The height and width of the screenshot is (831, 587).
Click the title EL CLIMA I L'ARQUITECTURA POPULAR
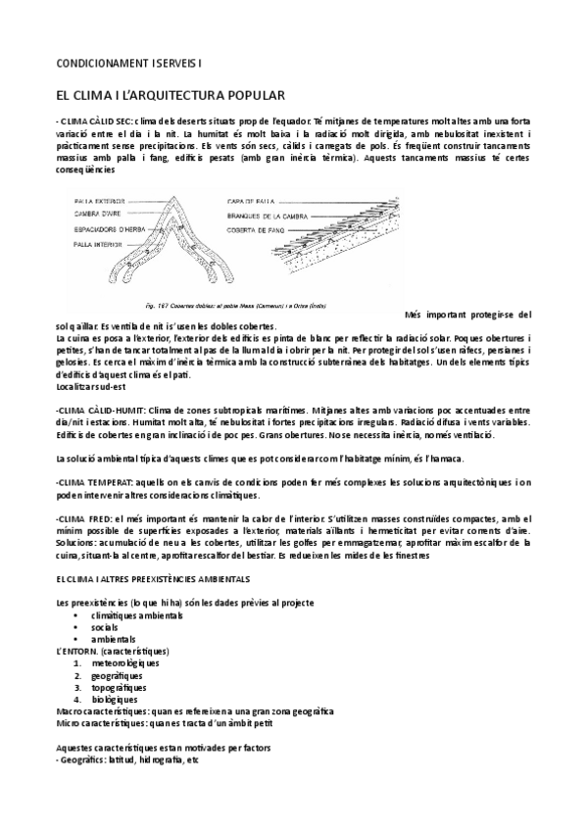(171, 96)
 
